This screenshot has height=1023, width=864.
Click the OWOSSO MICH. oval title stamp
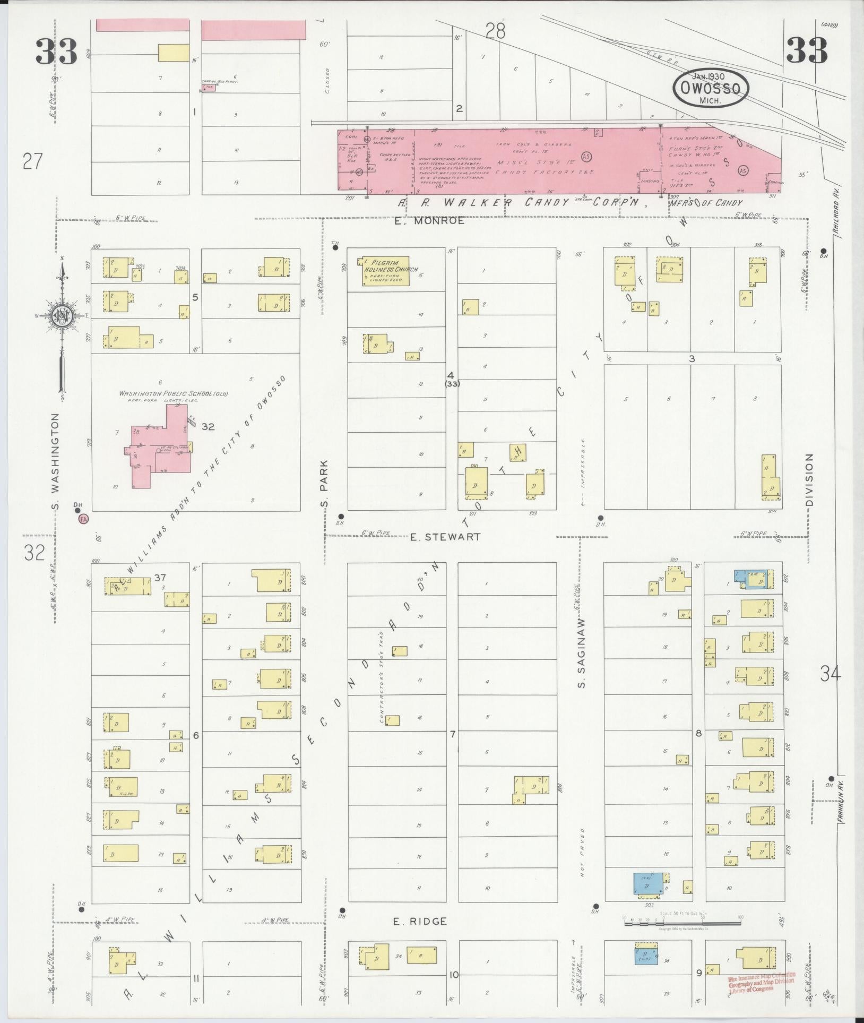pos(711,88)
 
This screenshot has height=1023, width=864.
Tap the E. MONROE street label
pos(429,221)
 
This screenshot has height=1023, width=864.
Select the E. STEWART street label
pos(446,537)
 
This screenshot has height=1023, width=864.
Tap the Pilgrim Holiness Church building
pos(386,271)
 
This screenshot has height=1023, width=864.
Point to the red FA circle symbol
pos(83,518)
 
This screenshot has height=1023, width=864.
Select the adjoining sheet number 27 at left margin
pos(32,160)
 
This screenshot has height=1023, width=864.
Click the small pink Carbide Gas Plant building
pos(210,87)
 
